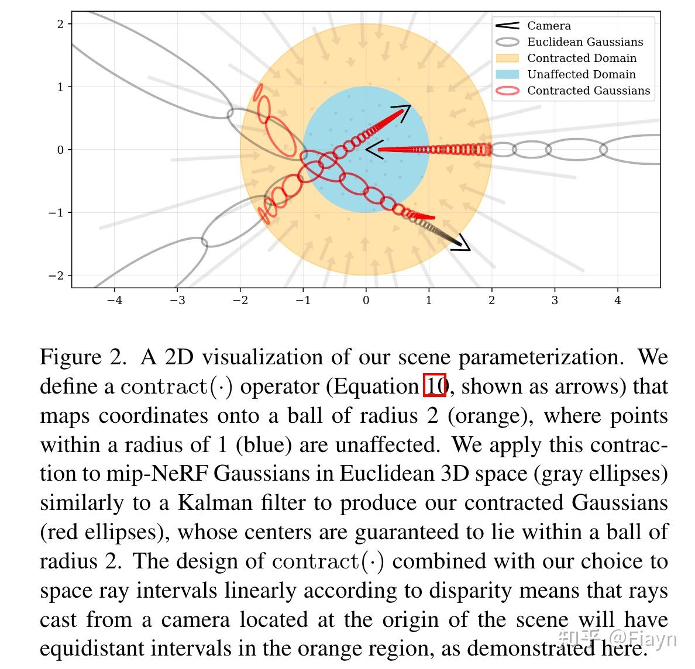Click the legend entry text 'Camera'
click(549, 26)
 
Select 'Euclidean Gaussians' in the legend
click(584, 42)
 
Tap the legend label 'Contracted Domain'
click(582, 58)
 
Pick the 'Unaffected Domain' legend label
click(581, 74)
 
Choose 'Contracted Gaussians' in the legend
click(588, 91)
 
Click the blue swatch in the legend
click(507, 74)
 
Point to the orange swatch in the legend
click(507, 58)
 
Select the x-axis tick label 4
click(617, 301)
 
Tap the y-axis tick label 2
click(60, 24)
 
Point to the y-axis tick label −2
click(56, 275)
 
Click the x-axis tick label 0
click(366, 301)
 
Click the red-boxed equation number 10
click(435, 386)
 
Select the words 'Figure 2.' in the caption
click(83, 357)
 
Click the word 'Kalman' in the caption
click(213, 503)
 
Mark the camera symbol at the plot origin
click(374, 149)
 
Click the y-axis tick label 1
click(60, 87)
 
